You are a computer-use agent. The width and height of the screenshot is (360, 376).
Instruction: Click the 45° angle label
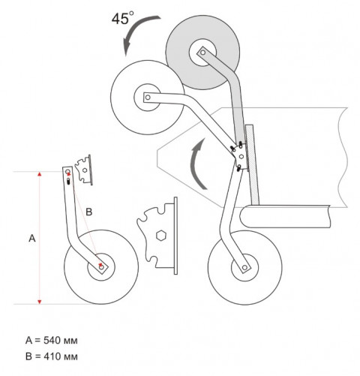(122, 18)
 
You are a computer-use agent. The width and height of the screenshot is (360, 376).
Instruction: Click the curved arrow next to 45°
(136, 29)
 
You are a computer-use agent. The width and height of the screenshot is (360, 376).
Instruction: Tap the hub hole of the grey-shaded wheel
(203, 53)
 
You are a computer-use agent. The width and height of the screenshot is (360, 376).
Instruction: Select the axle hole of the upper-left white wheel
(148, 97)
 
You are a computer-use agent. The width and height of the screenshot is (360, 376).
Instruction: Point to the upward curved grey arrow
(196, 163)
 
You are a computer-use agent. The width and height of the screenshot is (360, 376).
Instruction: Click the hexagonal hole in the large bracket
(161, 236)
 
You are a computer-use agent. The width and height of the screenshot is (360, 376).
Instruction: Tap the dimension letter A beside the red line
(32, 239)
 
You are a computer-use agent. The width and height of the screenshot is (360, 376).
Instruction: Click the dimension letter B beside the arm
(88, 212)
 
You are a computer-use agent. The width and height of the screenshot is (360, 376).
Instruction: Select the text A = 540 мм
(52, 340)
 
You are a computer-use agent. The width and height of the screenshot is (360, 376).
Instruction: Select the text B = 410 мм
(52, 356)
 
